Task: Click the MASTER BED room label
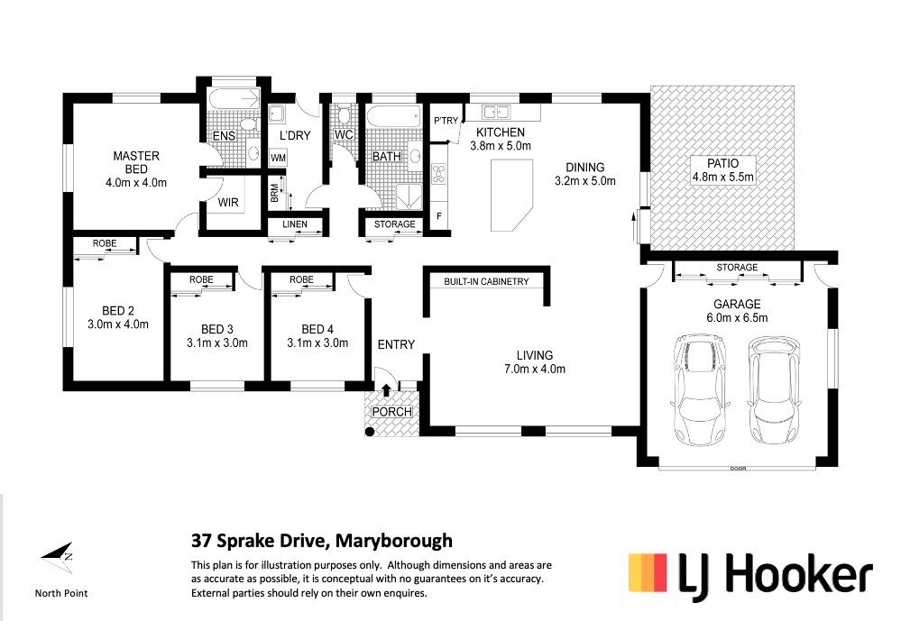[136, 162]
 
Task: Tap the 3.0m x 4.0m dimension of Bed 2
[118, 324]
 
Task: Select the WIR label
[228, 202]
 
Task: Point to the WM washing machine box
[278, 158]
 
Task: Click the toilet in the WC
[345, 114]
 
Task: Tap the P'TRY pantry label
[446, 121]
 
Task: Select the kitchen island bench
[511, 196]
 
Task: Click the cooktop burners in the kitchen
[439, 173]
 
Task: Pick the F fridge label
[439, 216]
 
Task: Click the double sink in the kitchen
[496, 112]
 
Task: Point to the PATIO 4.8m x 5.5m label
[722, 170]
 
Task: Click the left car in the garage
[699, 389]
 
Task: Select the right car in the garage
[774, 389]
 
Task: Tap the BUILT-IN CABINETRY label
[486, 281]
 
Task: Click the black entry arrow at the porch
[386, 390]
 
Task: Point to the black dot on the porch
[370, 432]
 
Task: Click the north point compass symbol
[58, 557]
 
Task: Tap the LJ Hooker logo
[750, 576]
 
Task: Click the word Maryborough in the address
[394, 541]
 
